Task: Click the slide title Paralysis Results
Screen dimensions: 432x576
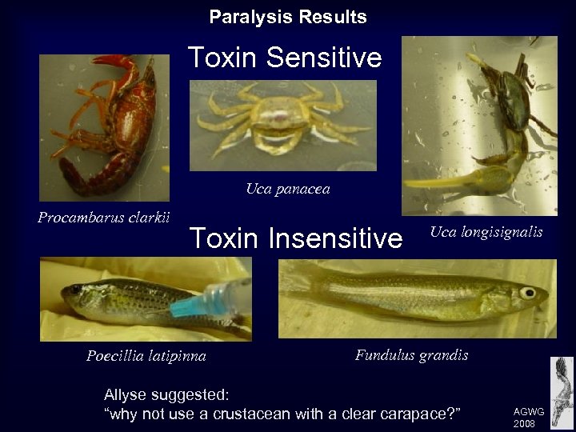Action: click(288, 17)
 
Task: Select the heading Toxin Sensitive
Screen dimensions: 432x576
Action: click(285, 58)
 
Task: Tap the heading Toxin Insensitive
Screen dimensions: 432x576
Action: click(295, 238)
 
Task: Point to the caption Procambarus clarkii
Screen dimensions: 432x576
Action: click(104, 217)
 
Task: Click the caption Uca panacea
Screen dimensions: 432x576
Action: click(287, 189)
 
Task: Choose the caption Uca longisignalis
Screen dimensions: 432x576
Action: click(486, 232)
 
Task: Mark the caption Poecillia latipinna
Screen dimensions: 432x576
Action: click(146, 356)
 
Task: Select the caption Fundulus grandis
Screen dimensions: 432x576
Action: click(412, 354)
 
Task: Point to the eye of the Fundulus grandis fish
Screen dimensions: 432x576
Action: click(528, 293)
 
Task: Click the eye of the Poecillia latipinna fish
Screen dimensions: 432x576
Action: click(75, 290)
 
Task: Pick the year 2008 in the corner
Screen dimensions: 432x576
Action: click(525, 422)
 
